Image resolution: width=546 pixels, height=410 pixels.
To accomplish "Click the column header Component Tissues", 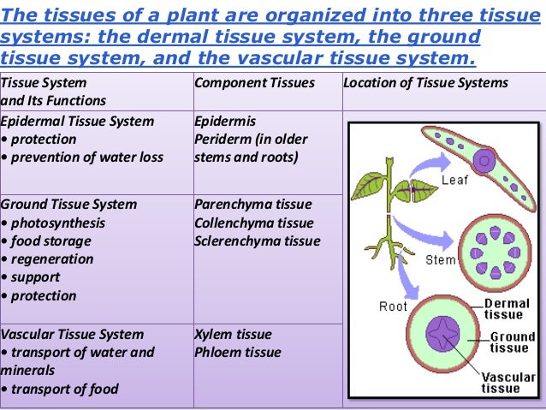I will [x=254, y=83].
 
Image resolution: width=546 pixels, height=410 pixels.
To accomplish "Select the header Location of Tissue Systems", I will [x=425, y=83].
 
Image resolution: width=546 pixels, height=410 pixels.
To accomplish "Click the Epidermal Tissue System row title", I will [x=78, y=121].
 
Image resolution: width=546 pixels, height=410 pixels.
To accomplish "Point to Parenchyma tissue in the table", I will [x=253, y=205].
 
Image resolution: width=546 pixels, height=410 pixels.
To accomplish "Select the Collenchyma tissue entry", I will [x=254, y=223].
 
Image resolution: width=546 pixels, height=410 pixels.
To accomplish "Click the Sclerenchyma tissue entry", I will [x=258, y=241].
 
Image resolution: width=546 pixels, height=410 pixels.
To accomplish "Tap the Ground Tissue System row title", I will [x=68, y=205].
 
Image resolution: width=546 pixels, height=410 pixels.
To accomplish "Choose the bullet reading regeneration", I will [x=48, y=258].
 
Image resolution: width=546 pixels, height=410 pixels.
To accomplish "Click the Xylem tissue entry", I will [x=233, y=335].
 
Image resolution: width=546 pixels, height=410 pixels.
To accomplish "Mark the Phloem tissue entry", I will [x=237, y=353].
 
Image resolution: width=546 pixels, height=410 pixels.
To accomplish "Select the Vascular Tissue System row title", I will [x=73, y=335].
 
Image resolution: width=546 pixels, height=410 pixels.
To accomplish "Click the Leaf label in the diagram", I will [x=454, y=181].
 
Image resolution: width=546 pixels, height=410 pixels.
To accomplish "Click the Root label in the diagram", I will [x=393, y=306].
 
